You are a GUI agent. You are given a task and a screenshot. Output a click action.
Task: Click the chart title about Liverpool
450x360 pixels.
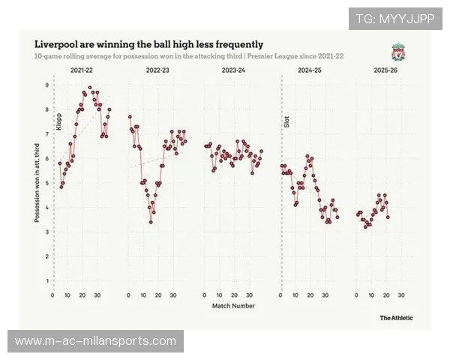(148, 44)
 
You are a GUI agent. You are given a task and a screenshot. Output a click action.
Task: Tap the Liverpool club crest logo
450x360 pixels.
(397, 52)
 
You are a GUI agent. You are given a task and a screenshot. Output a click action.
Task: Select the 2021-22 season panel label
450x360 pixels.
(82, 70)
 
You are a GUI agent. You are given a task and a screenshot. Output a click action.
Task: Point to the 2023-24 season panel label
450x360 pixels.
(233, 70)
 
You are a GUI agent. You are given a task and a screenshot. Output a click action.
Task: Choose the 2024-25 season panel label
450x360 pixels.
(308, 70)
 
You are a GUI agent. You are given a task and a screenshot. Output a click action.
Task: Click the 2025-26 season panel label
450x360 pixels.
(384, 70)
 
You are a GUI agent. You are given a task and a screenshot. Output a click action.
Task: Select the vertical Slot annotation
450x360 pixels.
(286, 120)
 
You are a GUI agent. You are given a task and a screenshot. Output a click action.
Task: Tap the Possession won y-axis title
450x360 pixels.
(37, 184)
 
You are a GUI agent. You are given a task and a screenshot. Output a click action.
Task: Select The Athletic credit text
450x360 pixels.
(395, 318)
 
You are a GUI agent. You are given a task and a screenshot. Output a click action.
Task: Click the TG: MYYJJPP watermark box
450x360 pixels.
(394, 19)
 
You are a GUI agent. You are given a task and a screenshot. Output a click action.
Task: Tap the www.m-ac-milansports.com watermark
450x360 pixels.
(95, 341)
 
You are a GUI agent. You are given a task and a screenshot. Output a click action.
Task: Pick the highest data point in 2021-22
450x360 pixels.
(90, 87)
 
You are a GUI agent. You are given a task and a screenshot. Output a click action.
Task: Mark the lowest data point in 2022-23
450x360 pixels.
(151, 222)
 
